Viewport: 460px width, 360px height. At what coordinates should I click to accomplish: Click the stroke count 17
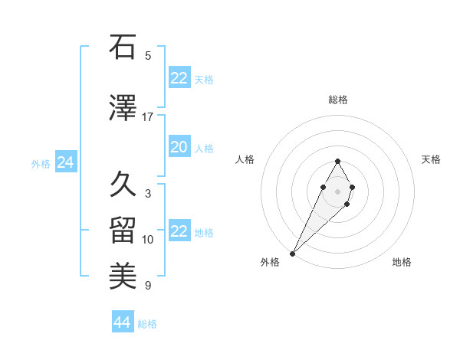[148, 117]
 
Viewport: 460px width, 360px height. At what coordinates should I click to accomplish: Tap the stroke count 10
[148, 240]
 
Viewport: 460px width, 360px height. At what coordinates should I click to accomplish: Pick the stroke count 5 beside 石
[148, 56]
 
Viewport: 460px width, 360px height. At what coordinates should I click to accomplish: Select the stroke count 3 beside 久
[148, 194]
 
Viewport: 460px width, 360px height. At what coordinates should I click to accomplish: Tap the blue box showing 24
[65, 162]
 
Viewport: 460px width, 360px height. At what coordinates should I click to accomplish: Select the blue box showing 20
[179, 148]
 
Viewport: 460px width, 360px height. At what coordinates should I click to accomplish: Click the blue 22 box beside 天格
[179, 78]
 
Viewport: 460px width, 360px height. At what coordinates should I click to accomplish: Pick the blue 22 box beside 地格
[179, 232]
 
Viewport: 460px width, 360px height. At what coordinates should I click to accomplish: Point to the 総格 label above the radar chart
[337, 100]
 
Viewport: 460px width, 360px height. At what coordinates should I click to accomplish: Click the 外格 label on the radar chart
[270, 262]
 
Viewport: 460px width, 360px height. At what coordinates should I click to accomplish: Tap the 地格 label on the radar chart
[402, 262]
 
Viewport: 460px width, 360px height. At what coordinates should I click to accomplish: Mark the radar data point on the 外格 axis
[293, 253]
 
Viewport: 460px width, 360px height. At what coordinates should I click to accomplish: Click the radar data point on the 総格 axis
[337, 161]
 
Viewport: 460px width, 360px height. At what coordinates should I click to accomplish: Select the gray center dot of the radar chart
[337, 190]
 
